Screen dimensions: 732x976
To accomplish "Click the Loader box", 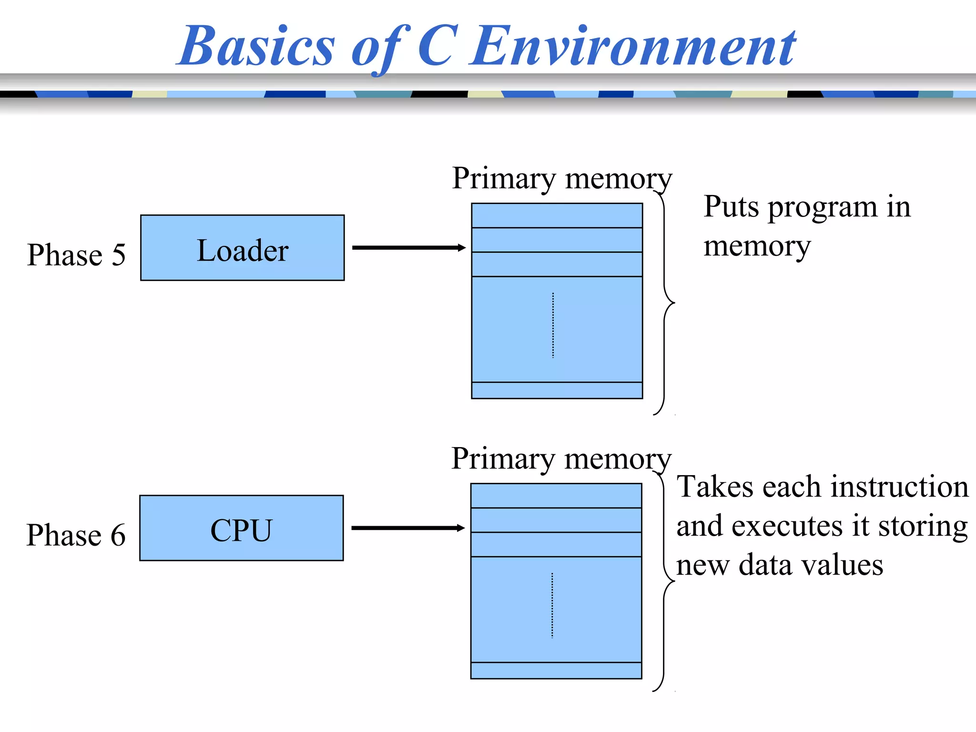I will pos(242,248).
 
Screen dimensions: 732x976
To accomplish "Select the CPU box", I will pos(241,528).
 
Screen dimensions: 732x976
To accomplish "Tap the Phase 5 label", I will pos(76,254).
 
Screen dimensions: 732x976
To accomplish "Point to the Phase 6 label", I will pos(76,535).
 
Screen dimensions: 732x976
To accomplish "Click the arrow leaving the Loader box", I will pos(408,248).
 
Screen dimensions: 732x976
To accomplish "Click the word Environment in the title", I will pos(633,47).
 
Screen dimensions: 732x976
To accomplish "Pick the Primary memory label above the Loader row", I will pos(561,179).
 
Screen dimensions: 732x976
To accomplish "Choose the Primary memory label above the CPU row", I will pos(561,459).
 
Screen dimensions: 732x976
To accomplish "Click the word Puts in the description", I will pos(731,207).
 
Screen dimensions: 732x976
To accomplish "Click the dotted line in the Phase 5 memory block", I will pos(553,325).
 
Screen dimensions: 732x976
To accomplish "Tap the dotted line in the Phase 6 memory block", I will pos(552,605).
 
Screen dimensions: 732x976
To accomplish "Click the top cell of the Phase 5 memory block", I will pos(557,215).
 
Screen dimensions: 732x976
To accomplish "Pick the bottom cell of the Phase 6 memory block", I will pos(556,671).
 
